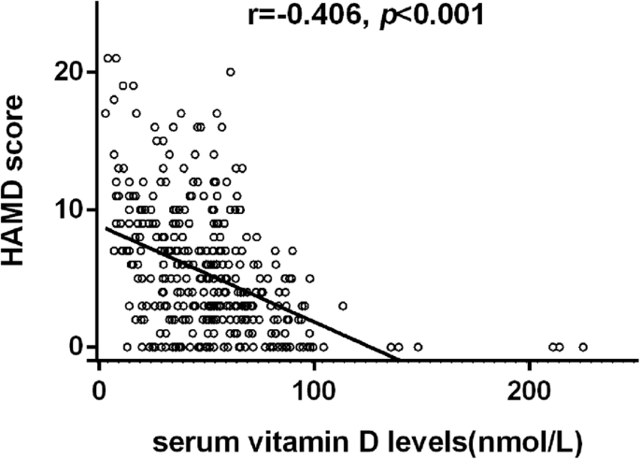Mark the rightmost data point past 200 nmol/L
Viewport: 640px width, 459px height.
click(x=583, y=347)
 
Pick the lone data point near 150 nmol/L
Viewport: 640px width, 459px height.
click(x=418, y=347)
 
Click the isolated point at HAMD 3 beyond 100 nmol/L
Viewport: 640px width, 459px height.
click(x=343, y=306)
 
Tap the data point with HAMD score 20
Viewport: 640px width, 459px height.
click(x=230, y=72)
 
